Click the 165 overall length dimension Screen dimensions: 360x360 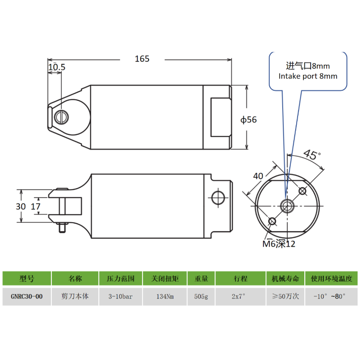pos(142,59)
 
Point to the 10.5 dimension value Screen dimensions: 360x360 pos(57,67)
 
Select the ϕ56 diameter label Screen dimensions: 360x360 pos(249,120)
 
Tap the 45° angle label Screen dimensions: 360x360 pos(312,154)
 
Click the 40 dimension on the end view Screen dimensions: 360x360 pos(258,176)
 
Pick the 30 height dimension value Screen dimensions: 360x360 pos(21,206)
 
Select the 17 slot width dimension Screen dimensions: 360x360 pos(36,206)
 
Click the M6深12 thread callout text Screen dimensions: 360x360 pos(279,243)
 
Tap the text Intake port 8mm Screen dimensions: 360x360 pos(308,76)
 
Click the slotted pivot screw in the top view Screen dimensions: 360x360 pos(61,117)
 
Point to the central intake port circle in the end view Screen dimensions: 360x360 pos(287,206)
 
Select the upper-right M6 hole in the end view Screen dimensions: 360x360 pos(302,191)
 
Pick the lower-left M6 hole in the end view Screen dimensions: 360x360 pos(272,222)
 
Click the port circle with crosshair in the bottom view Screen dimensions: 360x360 pos(218,198)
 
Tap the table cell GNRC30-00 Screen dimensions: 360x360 pos(26,297)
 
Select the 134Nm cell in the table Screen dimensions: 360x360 pos(165,297)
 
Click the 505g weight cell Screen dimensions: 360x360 pos(201,297)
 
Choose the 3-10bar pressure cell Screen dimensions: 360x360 pos(120,297)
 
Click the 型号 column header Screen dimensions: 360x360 pos(26,278)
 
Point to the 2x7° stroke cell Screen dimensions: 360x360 pos(239,297)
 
